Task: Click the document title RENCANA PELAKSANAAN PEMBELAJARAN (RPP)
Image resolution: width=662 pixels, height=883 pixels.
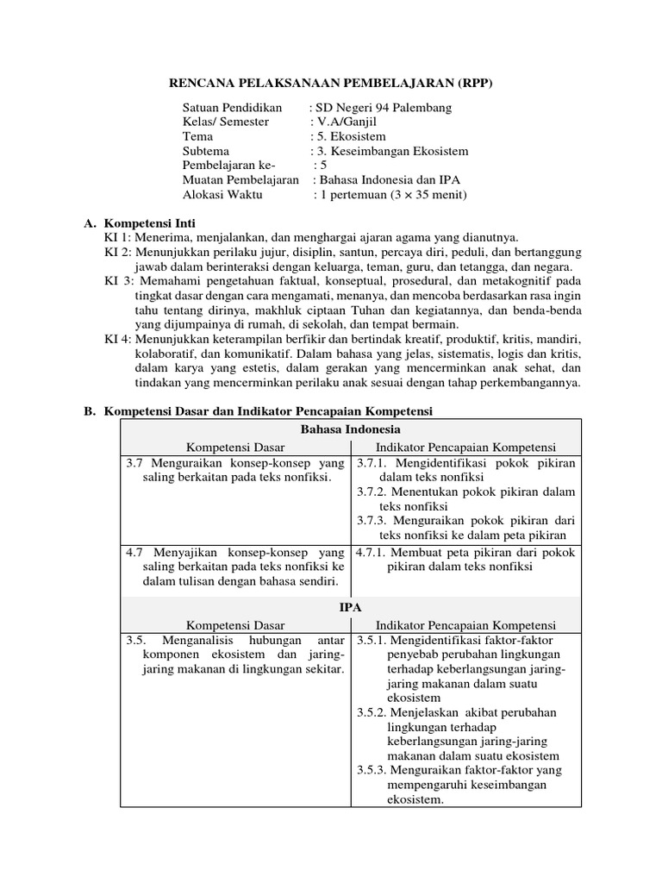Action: (331, 83)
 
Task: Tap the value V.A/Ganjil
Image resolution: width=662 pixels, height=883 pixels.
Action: (349, 122)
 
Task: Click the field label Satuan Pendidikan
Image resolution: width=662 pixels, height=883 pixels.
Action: (232, 108)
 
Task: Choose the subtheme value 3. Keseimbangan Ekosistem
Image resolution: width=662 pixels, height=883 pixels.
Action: (392, 151)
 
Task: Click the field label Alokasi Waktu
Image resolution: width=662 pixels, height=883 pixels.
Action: (222, 195)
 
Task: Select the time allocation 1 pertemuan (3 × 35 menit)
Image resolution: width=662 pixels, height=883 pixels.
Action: (393, 195)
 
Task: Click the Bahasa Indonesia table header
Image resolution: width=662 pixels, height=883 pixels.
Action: (350, 429)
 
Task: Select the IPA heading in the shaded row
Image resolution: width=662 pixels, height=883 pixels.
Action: (350, 608)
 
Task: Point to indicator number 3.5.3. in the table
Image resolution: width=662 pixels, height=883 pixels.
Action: (372, 770)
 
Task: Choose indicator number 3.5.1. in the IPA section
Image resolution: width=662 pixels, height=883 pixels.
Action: (372, 641)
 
